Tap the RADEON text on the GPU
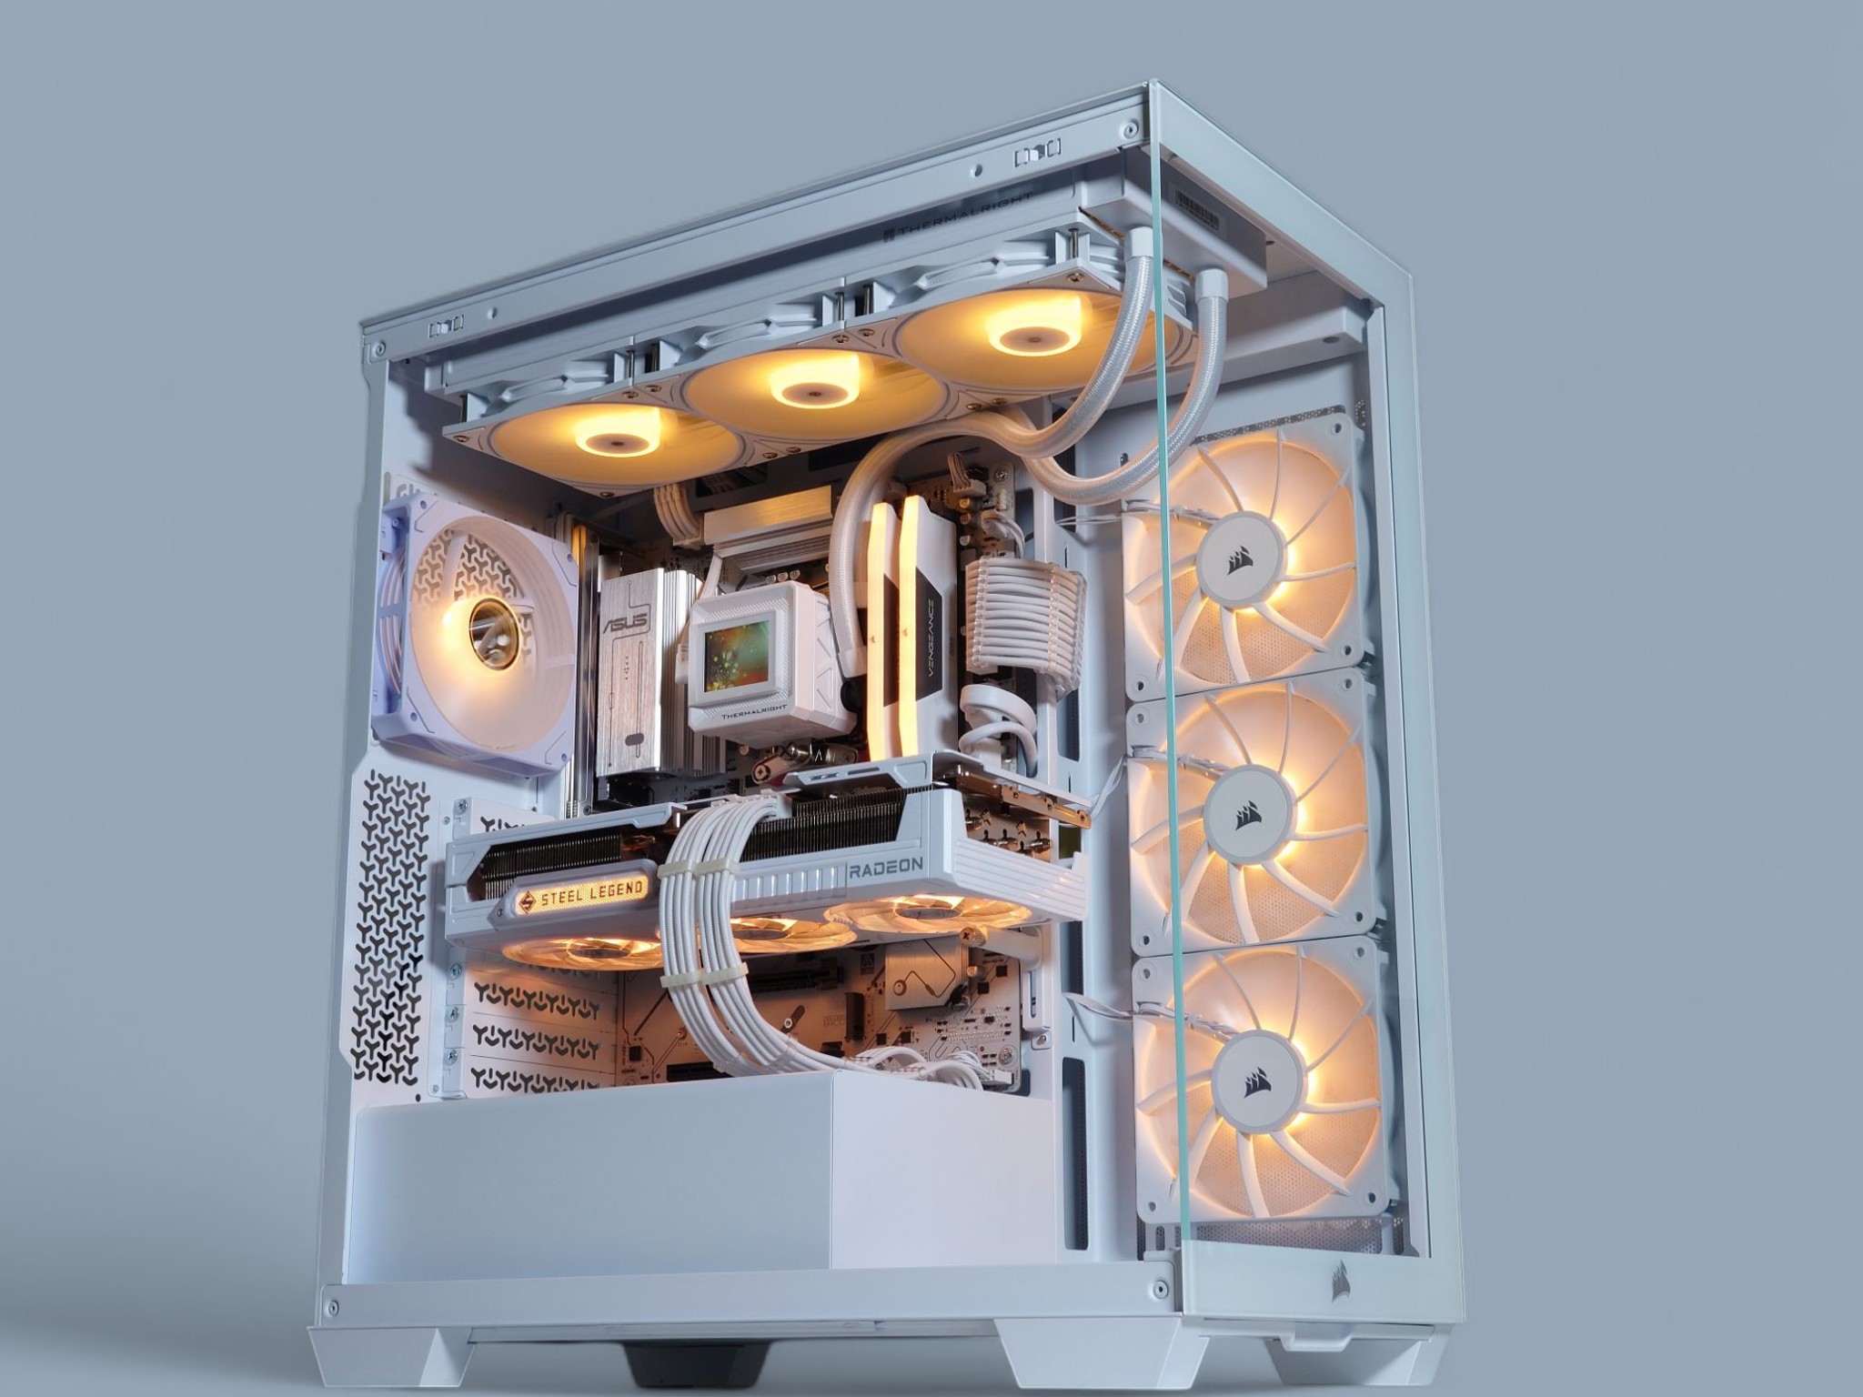tap(886, 869)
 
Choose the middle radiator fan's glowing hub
tap(806, 392)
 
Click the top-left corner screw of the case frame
tap(373, 348)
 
